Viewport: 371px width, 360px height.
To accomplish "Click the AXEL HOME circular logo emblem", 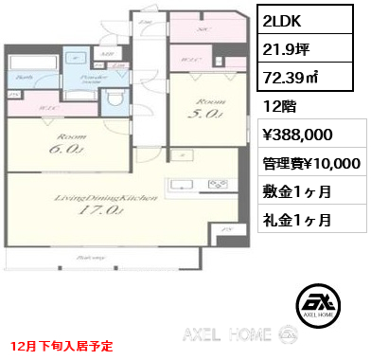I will [313, 302].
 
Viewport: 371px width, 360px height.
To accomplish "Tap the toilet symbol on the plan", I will [114, 97].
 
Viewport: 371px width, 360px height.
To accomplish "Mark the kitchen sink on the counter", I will [180, 184].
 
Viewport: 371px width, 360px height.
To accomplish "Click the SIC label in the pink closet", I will [201, 30].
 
